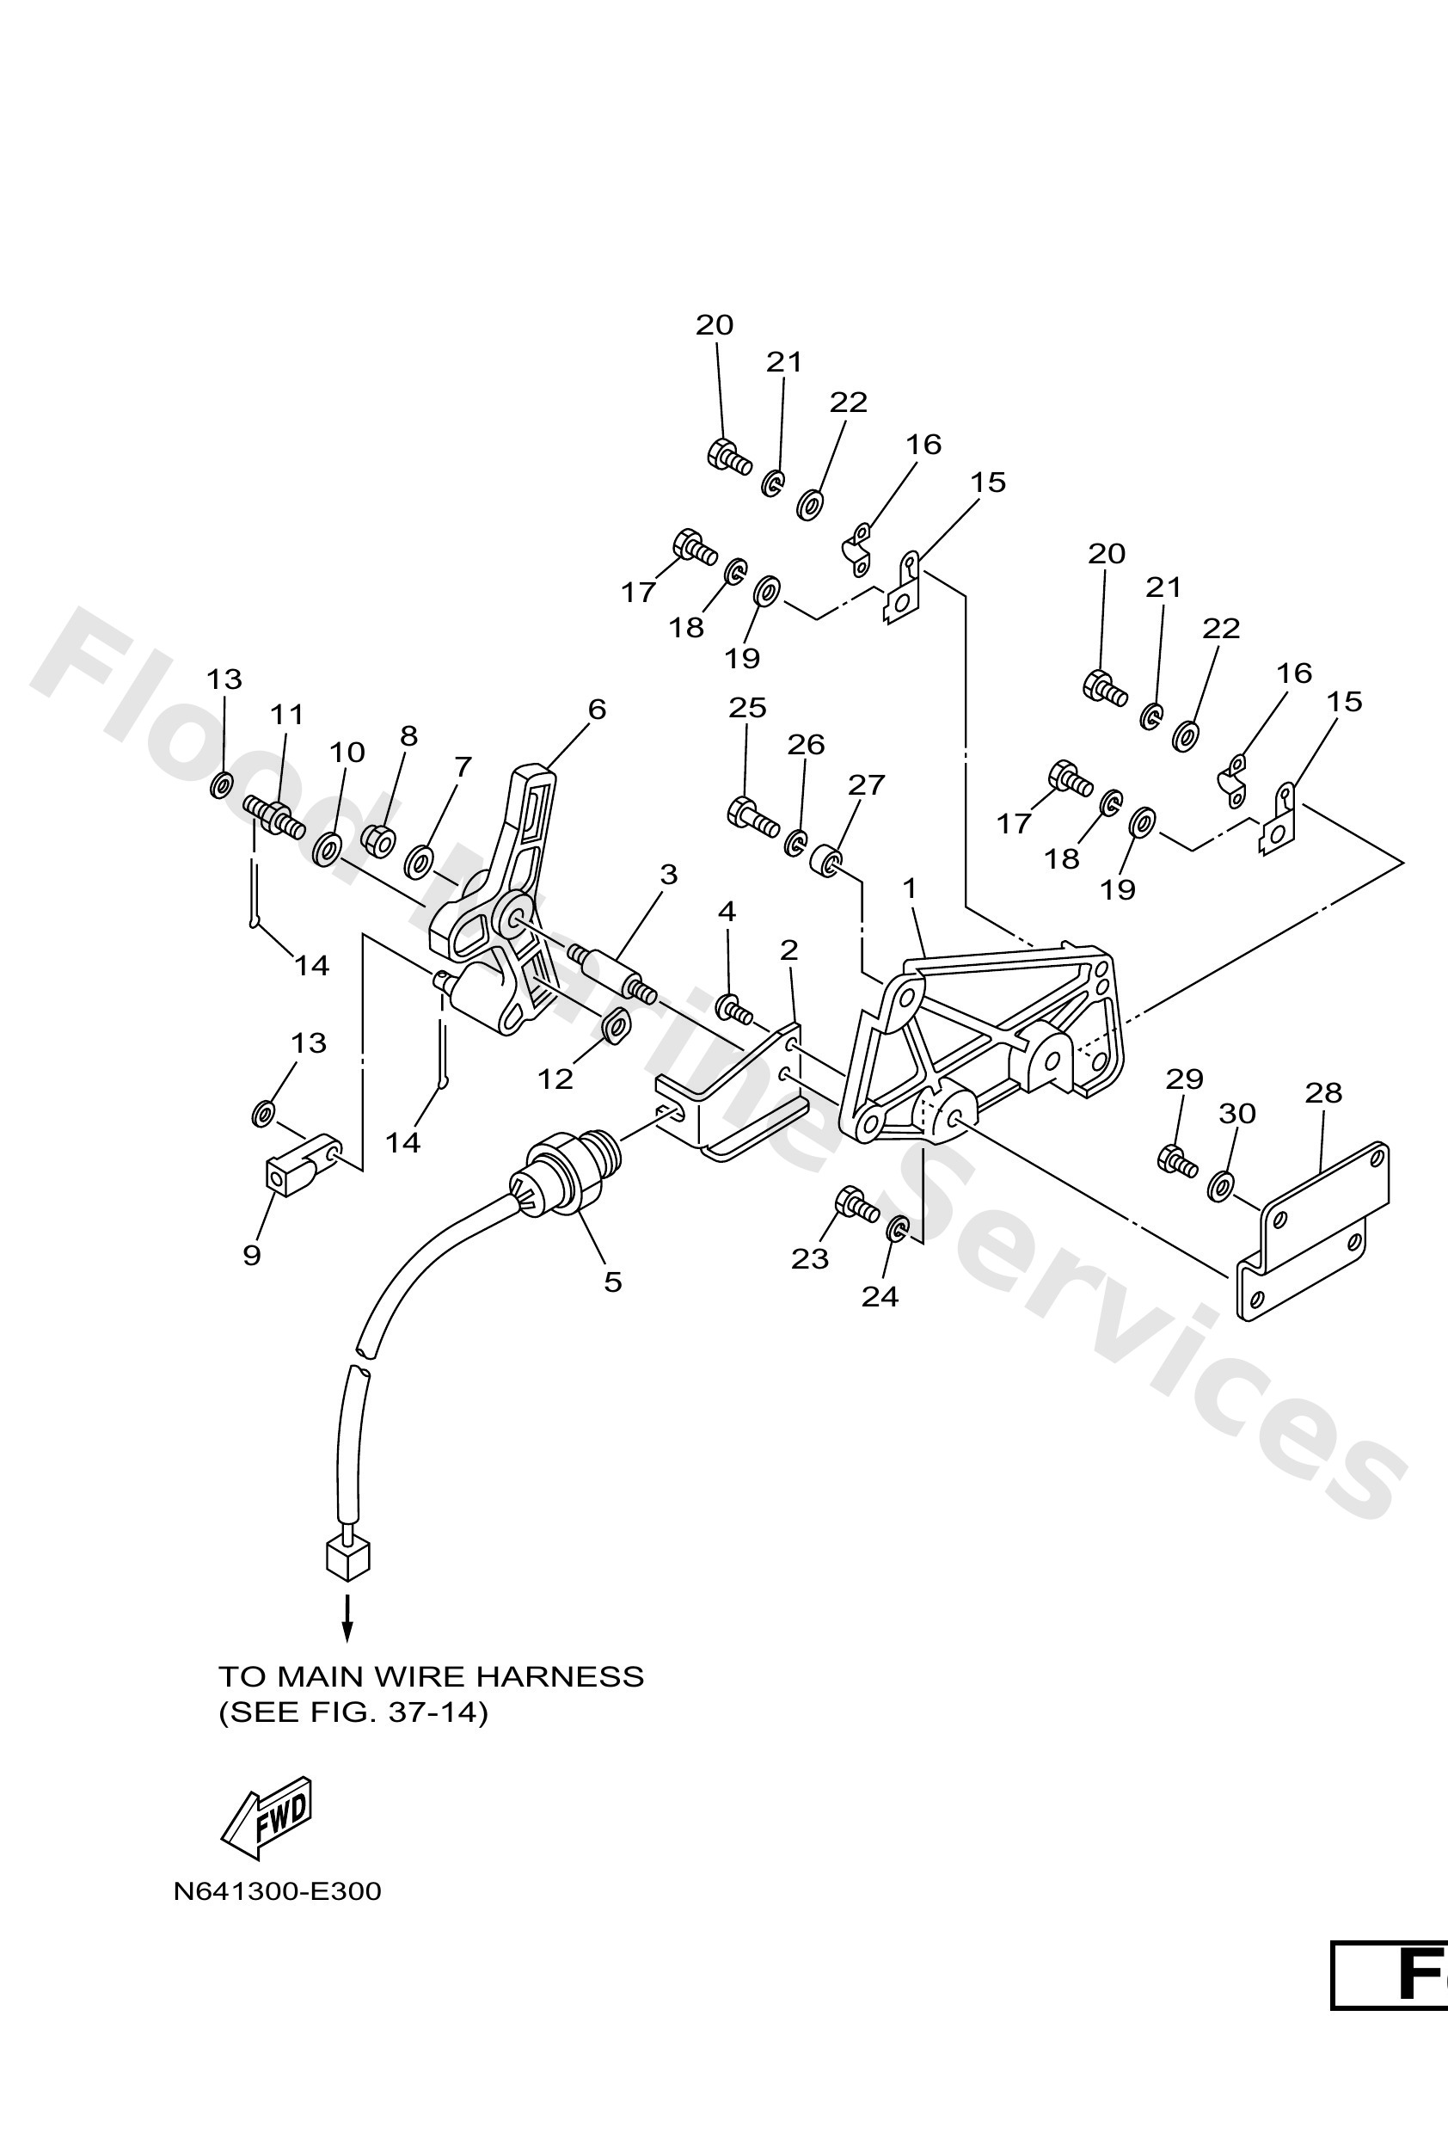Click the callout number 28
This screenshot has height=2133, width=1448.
(x=1322, y=1092)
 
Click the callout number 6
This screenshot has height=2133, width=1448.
(x=597, y=709)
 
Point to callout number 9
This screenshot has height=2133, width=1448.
(x=251, y=1255)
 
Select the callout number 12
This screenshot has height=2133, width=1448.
(x=555, y=1079)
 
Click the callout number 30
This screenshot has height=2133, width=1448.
(x=1236, y=1113)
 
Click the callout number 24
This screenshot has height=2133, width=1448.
(x=879, y=1296)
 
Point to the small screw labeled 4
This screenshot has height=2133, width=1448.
(x=734, y=1010)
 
